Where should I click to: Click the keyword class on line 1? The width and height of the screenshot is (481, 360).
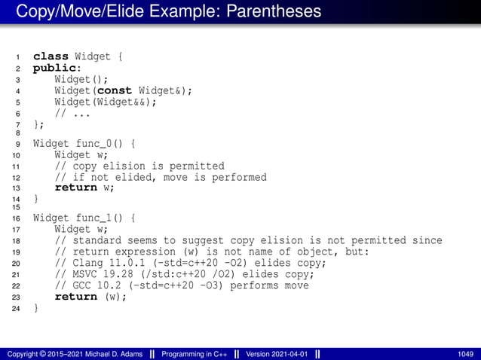51,56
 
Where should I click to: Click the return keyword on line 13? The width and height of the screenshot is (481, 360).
76,188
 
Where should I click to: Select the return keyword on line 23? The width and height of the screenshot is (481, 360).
76,297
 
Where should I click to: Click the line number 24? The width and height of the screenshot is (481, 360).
17,308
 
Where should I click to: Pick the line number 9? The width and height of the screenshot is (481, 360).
17,144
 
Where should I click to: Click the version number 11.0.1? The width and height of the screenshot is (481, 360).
129,263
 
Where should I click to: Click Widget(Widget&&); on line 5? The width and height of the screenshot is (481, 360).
106,102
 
